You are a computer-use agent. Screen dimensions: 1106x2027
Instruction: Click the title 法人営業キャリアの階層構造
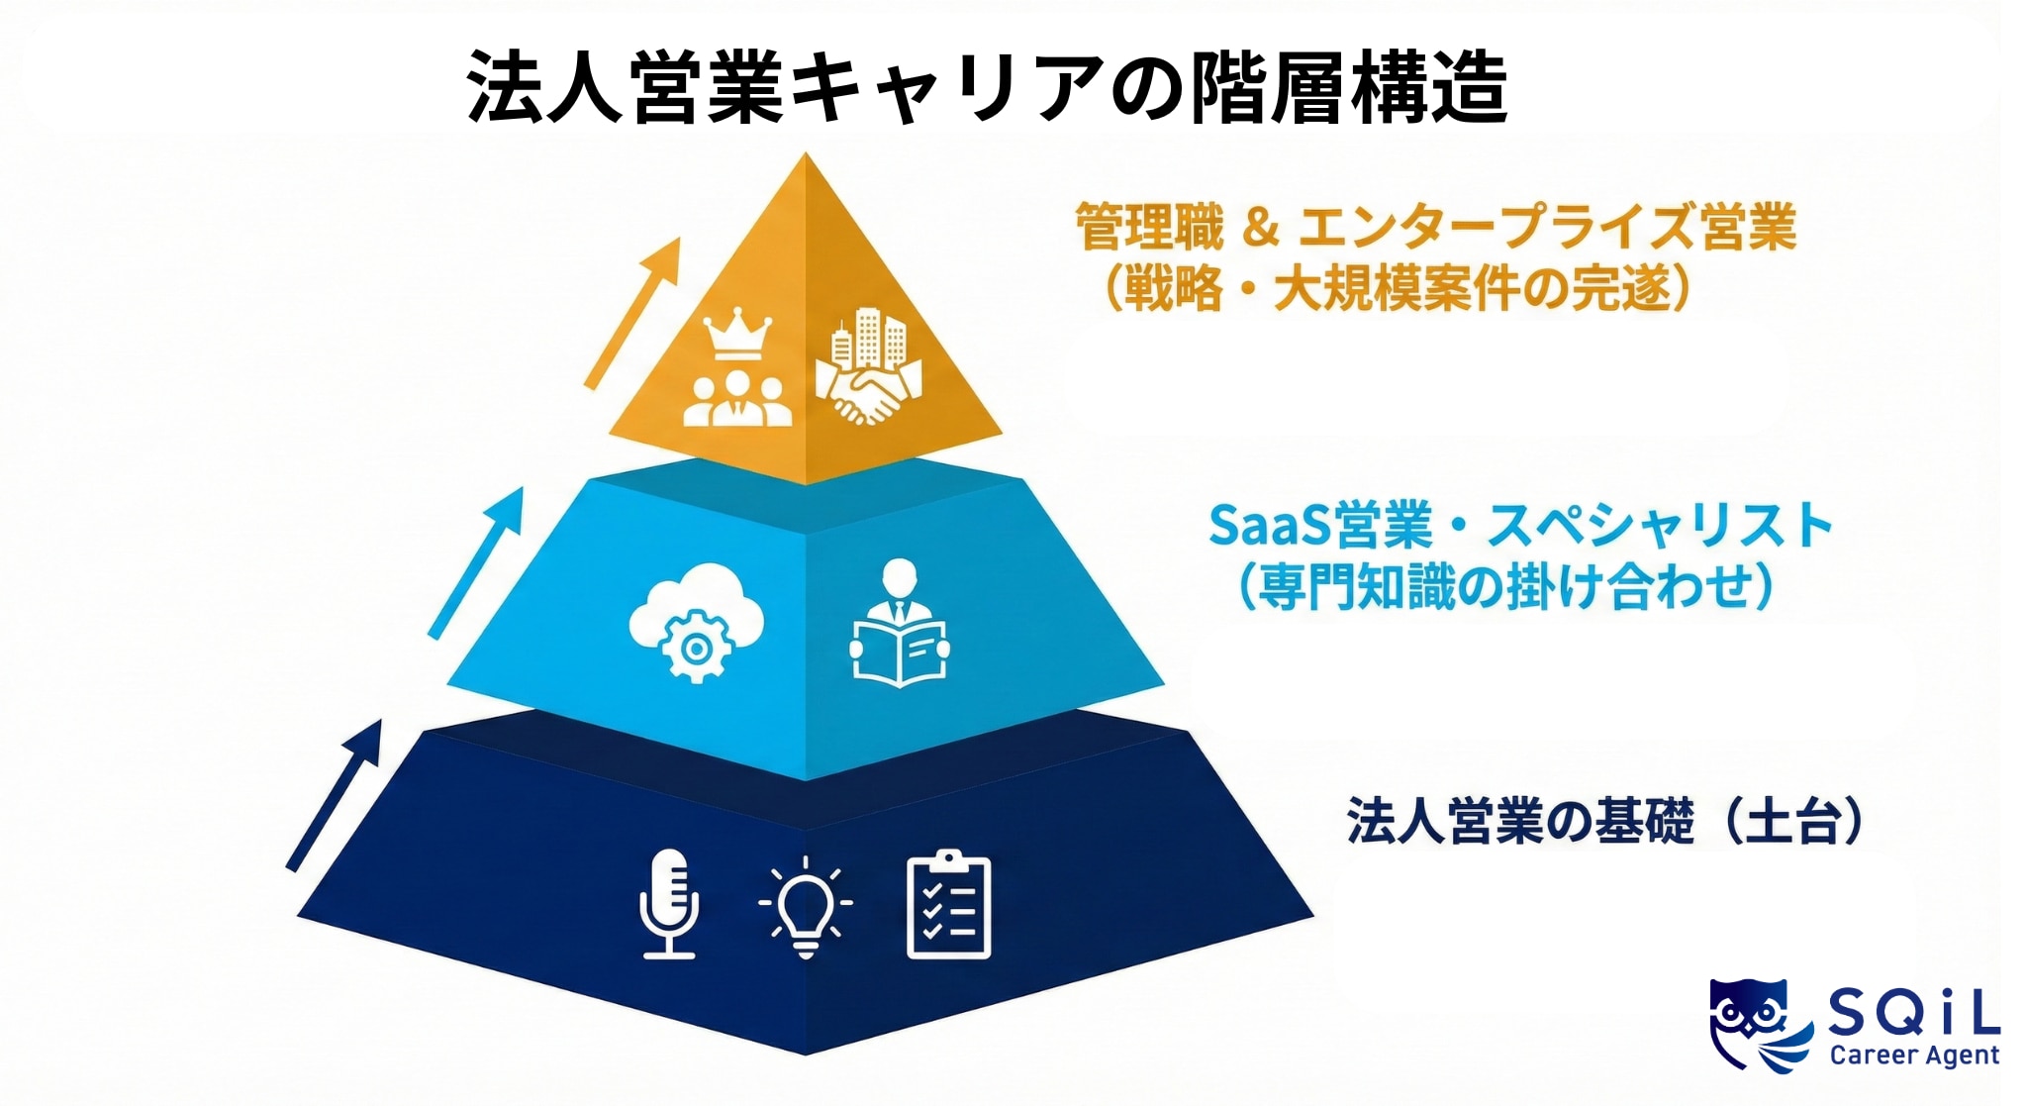coord(986,87)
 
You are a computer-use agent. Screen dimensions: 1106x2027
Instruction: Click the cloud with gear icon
coord(697,622)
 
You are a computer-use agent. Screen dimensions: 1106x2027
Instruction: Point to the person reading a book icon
coord(899,624)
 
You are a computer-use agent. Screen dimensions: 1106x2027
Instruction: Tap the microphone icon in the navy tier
coord(669,903)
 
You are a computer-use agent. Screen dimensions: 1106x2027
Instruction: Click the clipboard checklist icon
coord(948,904)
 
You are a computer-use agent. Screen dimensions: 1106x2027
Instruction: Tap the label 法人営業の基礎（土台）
coord(1604,821)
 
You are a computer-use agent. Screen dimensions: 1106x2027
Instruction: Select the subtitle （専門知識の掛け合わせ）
coord(1504,587)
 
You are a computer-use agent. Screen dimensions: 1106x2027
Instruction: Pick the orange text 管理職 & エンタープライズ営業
coord(1435,227)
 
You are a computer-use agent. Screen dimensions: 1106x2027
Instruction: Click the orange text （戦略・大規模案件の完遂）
coord(1396,289)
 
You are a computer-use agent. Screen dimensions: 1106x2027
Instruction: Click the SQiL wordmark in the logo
coord(1912,1014)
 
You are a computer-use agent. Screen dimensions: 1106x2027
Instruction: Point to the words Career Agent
coord(1914,1056)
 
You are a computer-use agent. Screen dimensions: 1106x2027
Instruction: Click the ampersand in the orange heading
coord(1260,228)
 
